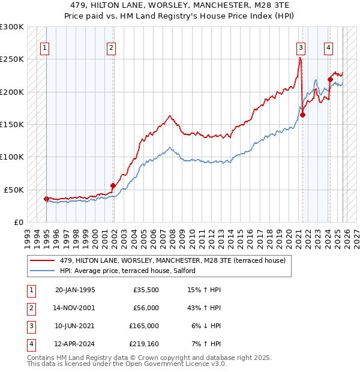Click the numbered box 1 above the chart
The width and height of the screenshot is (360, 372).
pyautogui.click(x=45, y=49)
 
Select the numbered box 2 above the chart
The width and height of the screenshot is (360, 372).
pyautogui.click(x=112, y=49)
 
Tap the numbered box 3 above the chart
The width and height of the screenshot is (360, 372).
pyautogui.click(x=301, y=49)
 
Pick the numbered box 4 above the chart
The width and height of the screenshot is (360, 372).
pyautogui.click(x=328, y=49)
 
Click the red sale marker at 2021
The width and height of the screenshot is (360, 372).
pyautogui.click(x=303, y=115)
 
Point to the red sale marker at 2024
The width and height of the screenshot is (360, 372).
pyautogui.click(x=330, y=79)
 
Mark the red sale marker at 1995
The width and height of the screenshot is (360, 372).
pyautogui.click(x=47, y=199)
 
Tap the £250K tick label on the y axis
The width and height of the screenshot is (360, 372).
pyautogui.click(x=12, y=59)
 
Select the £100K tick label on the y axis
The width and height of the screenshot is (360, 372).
pyautogui.click(x=12, y=157)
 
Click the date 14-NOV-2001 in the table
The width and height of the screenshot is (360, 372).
pyautogui.click(x=75, y=308)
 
